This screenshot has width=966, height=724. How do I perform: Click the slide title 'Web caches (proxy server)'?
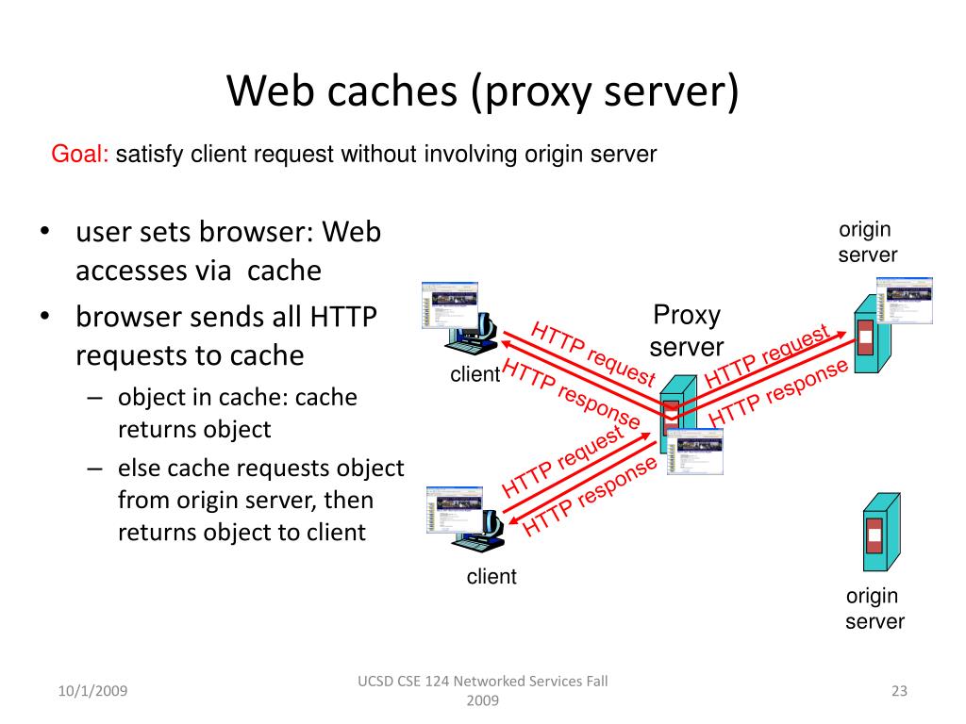[483, 91]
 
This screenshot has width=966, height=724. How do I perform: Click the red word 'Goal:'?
[80, 155]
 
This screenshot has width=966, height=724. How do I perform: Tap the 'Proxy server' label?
[687, 330]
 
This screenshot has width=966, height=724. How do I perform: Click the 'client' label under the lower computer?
[491, 577]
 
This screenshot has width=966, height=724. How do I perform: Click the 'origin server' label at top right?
[866, 242]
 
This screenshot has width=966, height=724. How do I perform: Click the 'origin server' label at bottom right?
[874, 608]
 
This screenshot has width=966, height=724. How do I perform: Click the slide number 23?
[898, 692]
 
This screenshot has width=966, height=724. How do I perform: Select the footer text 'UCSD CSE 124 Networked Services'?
[482, 682]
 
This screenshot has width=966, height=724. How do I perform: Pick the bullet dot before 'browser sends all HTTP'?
[45, 315]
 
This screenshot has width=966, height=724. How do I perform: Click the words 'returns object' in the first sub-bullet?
[194, 430]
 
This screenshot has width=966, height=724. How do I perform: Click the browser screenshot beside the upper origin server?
[904, 300]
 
